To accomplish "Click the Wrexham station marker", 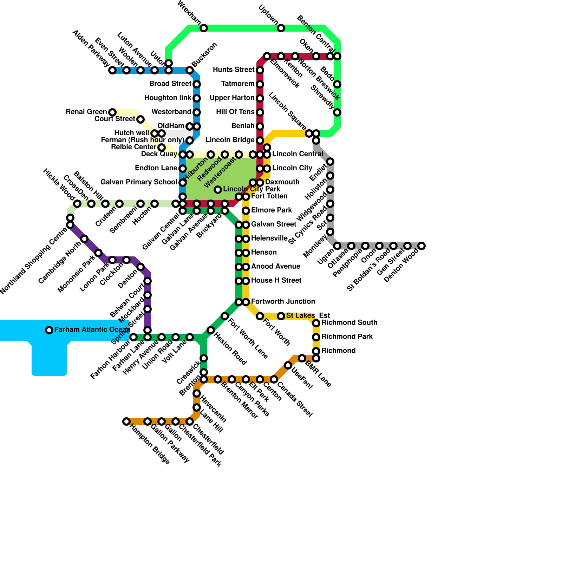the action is point(204,28).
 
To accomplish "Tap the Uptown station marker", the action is point(281,28).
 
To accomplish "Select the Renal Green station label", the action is point(86,112).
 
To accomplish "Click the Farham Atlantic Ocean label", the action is point(92,330).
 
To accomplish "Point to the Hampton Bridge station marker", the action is point(126,421).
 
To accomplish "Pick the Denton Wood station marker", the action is point(421,246).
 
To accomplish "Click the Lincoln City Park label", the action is point(251,189).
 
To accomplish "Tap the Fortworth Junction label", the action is point(283,302).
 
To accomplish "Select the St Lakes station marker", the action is point(281,316).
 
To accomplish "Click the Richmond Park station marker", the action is point(316,337).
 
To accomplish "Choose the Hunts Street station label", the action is point(234,70).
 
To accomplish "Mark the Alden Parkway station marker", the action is point(112,70).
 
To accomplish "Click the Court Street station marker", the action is point(140,119).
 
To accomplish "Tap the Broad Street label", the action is point(170,84).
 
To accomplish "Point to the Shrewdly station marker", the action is point(337,112).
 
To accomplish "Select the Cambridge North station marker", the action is point(84,239).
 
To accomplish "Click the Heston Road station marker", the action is point(211,330).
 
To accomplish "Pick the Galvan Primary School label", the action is point(139,182).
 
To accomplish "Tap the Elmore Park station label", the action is point(272,210).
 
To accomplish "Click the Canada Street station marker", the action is point(274,379).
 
